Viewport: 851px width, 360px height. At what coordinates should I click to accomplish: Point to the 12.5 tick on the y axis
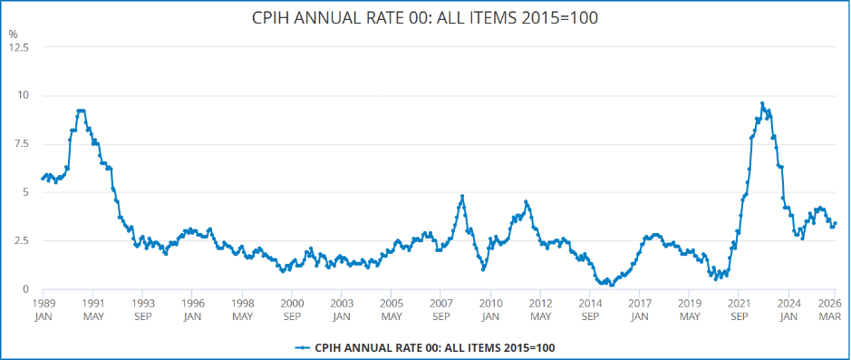click(x=19, y=47)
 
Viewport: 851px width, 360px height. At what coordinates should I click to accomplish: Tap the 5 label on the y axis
click(x=24, y=192)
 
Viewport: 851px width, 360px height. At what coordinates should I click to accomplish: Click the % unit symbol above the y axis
click(x=13, y=34)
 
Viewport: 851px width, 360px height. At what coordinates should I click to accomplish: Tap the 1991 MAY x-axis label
click(x=92, y=309)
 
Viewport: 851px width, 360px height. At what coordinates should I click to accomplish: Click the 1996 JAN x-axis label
click(x=192, y=309)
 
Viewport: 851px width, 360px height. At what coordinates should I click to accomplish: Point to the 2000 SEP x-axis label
click(x=291, y=309)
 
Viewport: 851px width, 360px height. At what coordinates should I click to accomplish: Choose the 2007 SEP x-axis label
click(x=440, y=309)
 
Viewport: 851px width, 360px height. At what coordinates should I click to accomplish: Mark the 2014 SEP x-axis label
click(x=590, y=309)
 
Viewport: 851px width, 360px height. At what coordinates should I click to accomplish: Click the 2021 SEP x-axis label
click(x=740, y=309)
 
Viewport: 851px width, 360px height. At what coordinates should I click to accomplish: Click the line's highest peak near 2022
click(x=762, y=103)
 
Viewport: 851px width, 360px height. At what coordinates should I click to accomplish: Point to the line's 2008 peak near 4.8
click(x=462, y=196)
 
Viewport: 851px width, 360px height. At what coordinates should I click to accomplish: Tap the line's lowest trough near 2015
click(x=612, y=285)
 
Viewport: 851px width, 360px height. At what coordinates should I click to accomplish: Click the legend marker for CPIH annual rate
click(x=302, y=347)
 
